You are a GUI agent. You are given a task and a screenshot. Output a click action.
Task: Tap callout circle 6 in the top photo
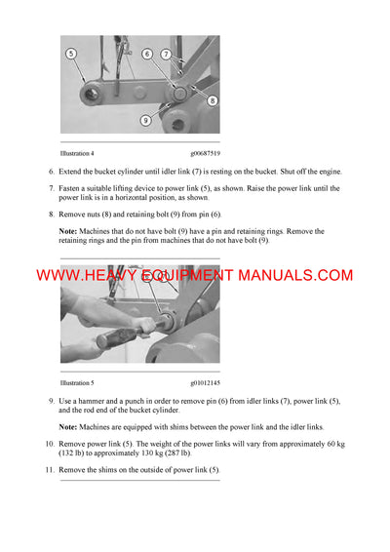147,54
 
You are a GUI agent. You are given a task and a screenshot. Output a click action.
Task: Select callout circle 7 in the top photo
167,54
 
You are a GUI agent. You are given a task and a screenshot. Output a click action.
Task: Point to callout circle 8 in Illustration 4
212,99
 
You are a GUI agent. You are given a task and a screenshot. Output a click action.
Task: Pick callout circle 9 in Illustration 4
145,120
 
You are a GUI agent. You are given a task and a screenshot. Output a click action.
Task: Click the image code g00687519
203,152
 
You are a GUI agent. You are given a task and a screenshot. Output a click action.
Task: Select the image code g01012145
203,383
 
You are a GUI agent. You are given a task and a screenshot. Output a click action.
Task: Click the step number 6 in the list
51,172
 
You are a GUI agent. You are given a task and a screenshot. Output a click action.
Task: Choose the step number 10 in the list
50,444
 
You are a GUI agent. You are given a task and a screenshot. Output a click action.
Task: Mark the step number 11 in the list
50,470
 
